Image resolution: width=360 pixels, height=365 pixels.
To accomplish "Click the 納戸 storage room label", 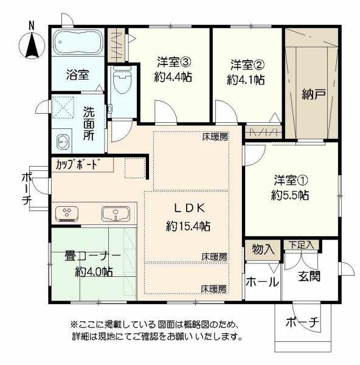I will coord(312,94).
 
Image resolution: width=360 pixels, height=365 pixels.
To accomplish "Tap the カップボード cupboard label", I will coord(77,164).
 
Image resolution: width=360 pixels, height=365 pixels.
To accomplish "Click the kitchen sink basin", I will coord(115,214).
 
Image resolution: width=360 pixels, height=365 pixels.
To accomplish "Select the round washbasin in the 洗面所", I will coord(63,142).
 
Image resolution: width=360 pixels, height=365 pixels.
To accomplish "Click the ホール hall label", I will coord(263,282).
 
